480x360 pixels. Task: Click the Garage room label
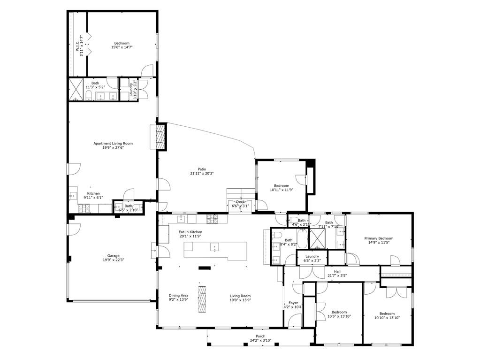[x=113, y=256]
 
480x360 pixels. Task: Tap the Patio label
[x=202, y=169]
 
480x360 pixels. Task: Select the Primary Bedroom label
[x=379, y=238]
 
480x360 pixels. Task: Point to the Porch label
[x=260, y=336]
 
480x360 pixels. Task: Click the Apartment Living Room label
[x=113, y=143]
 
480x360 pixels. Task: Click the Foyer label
[x=293, y=303]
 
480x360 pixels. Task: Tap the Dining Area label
[x=178, y=295]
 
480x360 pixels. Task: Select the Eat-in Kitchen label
[x=190, y=232]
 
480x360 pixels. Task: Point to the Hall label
[x=337, y=271]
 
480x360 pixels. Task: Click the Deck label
[x=240, y=202]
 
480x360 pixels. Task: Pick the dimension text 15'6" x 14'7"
[x=122, y=47]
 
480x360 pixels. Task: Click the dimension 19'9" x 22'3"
[x=113, y=260]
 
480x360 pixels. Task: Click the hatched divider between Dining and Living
[x=202, y=299]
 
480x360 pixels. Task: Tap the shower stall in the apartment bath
[x=76, y=90]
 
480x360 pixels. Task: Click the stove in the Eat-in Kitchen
[x=213, y=219]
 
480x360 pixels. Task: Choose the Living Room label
[x=240, y=296]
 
